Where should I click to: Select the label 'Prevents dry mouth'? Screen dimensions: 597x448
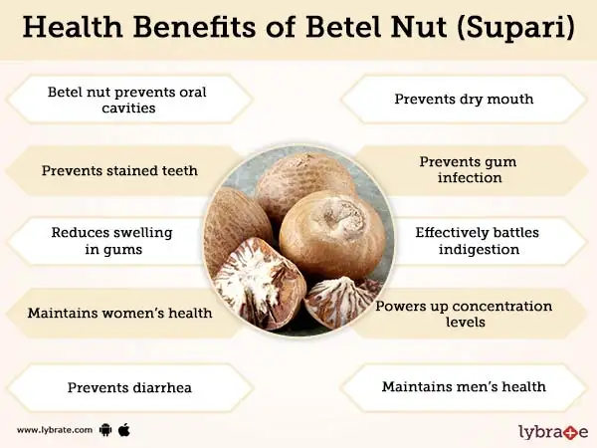click(464, 99)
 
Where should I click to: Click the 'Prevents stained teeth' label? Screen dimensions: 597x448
click(119, 170)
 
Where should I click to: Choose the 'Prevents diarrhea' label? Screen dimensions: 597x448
click(129, 387)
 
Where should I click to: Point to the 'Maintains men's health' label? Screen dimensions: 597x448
click(464, 386)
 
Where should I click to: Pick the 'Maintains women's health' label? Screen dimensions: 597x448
click(120, 313)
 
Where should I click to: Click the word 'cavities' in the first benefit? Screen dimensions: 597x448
click(128, 108)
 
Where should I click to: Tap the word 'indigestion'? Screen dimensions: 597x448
click(479, 250)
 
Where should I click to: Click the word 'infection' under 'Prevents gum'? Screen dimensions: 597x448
click(470, 177)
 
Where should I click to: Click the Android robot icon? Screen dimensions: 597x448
click(105, 430)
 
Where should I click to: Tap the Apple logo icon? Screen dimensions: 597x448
click(124, 430)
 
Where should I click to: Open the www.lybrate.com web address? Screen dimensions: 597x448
click(55, 430)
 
